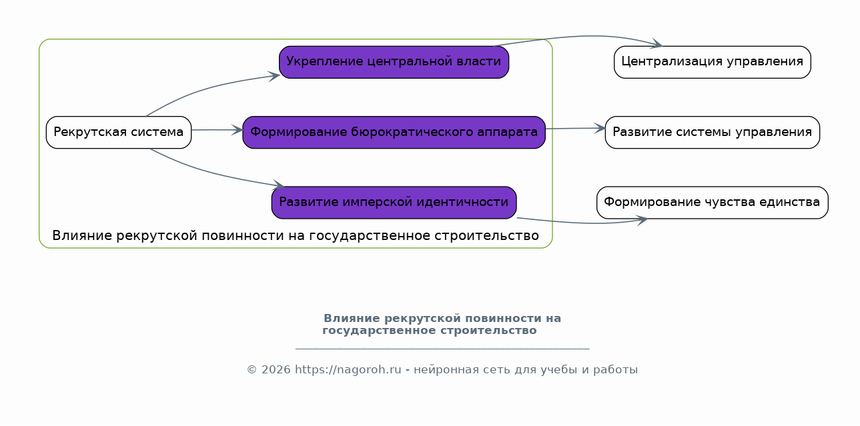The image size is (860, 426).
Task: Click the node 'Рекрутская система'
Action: coord(119,133)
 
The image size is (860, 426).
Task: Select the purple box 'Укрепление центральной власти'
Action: coord(394,62)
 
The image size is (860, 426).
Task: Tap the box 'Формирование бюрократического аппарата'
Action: coord(394,133)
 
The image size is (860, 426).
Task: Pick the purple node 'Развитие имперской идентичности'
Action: coord(394,203)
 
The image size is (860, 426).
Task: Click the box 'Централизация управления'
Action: coord(712,62)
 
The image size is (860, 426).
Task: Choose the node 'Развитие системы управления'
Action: coord(712,133)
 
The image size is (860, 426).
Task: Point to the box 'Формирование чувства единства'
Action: coord(712,203)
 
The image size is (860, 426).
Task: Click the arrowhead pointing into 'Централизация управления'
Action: coord(657,44)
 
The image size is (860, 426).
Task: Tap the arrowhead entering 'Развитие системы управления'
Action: coord(600,128)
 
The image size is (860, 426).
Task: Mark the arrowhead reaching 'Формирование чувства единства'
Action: coord(642,220)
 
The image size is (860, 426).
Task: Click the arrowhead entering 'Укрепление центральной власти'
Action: coord(274,77)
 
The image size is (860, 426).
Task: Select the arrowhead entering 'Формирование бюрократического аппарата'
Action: coord(237,130)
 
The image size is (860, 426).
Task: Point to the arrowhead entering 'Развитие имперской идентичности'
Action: coord(278,185)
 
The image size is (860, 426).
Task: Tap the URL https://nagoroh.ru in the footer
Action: coord(348,369)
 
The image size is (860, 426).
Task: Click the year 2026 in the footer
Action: coord(276,369)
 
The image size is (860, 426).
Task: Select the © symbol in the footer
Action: coord(252,369)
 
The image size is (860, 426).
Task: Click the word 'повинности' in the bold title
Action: coord(501,319)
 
